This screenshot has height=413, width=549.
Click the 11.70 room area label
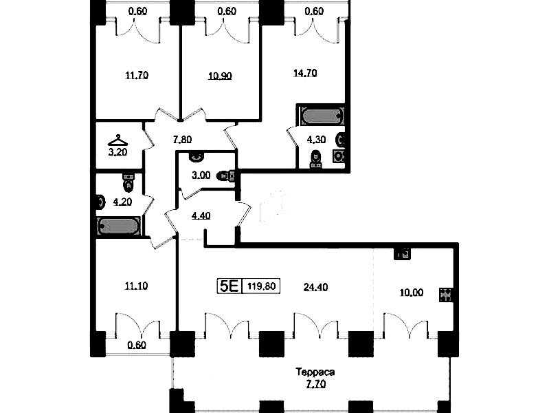[x=137, y=75]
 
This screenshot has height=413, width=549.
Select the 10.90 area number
[x=220, y=76]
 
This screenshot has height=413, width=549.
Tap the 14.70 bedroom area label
[x=305, y=73]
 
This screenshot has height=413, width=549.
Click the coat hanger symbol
[x=117, y=140]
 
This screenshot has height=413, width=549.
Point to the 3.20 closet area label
[x=117, y=152]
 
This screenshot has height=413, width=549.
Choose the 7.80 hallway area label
[x=182, y=140]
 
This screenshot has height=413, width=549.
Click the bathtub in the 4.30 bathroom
[x=322, y=116]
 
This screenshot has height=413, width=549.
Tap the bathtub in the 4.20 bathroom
[x=119, y=226]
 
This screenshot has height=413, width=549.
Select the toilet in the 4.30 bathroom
[x=315, y=159]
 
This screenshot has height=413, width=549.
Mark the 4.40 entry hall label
[x=201, y=215]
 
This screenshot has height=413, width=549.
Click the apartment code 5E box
[x=229, y=286]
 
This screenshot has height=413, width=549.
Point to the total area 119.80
[x=262, y=286]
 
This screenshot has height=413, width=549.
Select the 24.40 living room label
[x=315, y=288]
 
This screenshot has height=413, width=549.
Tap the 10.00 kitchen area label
[x=412, y=293]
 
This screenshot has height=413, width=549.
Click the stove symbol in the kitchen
[x=445, y=295]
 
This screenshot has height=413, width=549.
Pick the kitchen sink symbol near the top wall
[x=402, y=254]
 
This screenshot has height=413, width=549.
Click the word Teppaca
[x=315, y=372]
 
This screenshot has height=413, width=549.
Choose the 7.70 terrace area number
[x=316, y=384]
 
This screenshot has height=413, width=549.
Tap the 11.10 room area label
[x=136, y=286]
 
